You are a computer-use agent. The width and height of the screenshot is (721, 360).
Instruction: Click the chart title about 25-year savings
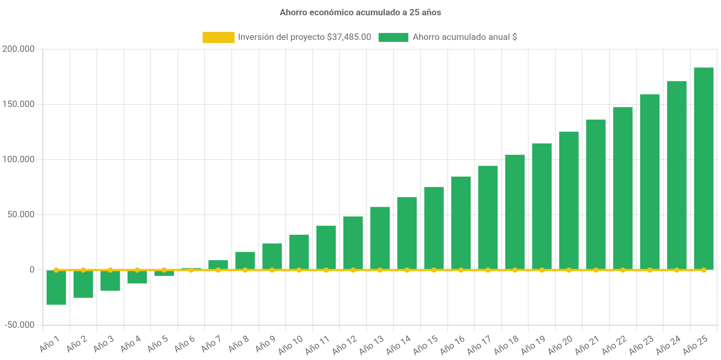[x=360, y=13]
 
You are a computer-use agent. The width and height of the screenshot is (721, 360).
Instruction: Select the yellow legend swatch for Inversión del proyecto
[x=218, y=37]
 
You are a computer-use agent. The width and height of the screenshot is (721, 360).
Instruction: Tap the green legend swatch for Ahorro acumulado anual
[x=393, y=37]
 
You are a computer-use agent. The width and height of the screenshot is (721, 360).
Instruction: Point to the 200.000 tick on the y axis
[x=18, y=49]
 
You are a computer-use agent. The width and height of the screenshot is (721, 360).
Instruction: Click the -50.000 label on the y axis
[x=20, y=325]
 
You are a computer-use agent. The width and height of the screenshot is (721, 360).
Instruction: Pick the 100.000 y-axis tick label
[x=18, y=159]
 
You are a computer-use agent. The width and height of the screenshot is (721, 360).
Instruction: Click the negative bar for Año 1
[x=56, y=288]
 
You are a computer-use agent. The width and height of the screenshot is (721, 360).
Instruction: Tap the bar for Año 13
[x=380, y=238]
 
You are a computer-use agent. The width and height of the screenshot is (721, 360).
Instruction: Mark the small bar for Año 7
[x=218, y=264]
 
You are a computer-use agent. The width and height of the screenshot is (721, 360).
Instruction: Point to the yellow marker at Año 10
[x=299, y=270]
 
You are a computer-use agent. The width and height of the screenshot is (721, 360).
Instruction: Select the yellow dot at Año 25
[x=704, y=270]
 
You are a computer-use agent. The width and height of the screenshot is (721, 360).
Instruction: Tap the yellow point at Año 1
[x=56, y=270]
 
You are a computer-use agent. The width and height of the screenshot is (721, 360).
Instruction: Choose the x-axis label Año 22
[x=614, y=345]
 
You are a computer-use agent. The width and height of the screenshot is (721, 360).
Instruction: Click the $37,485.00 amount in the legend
[x=349, y=37]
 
